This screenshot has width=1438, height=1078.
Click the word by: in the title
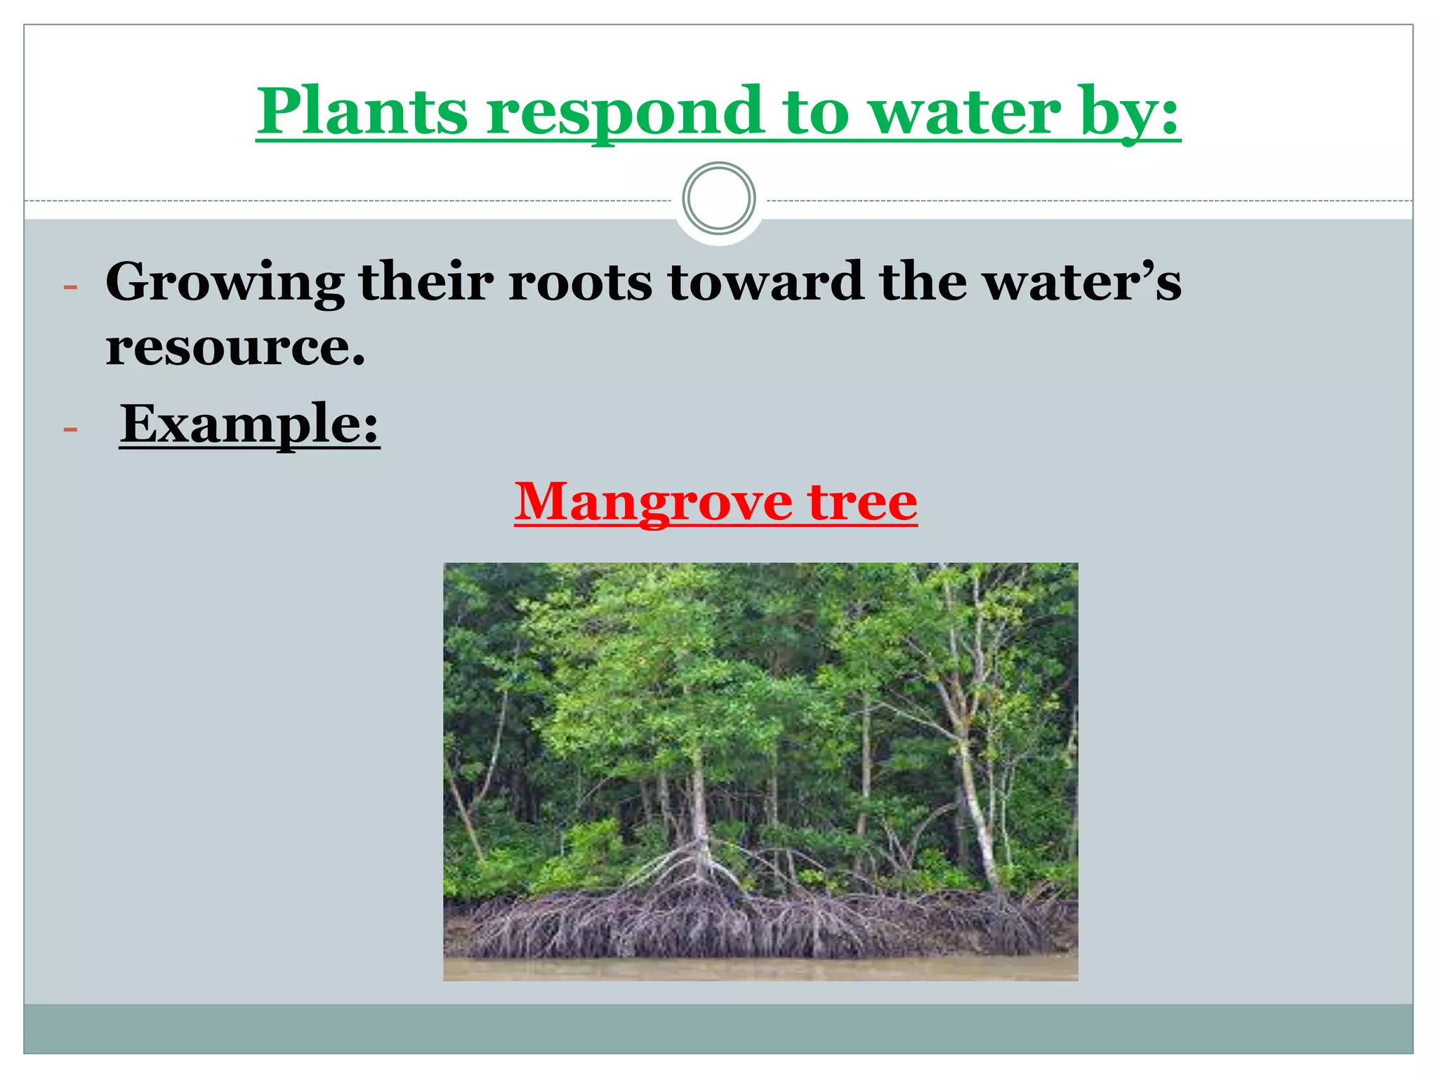tap(1130, 112)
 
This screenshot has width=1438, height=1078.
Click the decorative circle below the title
tap(718, 199)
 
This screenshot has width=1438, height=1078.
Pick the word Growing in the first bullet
tap(225, 282)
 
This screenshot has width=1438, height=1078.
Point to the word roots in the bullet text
tap(580, 282)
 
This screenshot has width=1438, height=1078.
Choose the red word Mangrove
tap(652, 503)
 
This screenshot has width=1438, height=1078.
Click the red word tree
tap(862, 503)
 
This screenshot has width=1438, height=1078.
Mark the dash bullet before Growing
tap(70, 286)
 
